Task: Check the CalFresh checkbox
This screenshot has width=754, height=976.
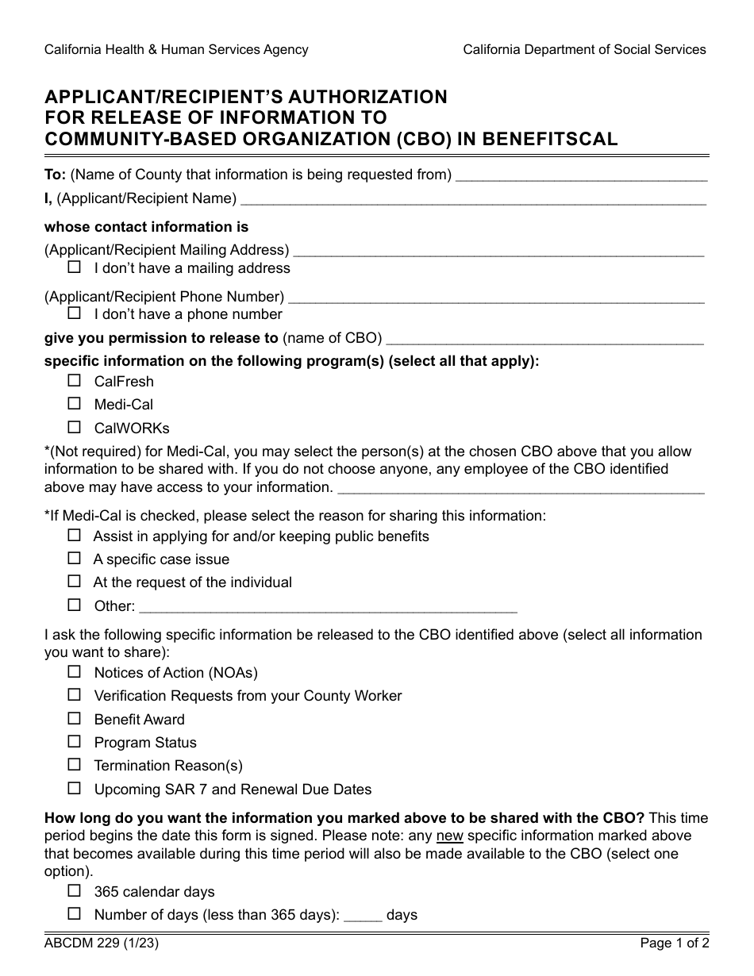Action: coord(75,381)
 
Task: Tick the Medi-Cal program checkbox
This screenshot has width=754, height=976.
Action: coord(75,404)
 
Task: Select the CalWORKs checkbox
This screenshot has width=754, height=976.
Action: coord(75,427)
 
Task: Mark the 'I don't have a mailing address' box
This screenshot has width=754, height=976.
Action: coord(75,267)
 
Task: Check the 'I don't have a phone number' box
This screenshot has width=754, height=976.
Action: coord(75,313)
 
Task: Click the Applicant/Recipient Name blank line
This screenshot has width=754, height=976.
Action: coord(473,200)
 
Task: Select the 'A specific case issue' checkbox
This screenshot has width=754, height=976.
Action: coord(75,559)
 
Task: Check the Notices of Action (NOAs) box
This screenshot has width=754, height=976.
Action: coord(75,672)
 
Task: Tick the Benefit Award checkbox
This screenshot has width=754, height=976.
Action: coord(75,719)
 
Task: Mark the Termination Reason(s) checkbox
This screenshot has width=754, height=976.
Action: coord(75,765)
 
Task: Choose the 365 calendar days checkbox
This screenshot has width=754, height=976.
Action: coord(75,891)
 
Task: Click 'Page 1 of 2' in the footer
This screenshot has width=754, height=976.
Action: coord(675,943)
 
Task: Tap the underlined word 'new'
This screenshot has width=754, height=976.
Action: coord(449,836)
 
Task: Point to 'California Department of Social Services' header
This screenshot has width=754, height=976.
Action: coord(584,49)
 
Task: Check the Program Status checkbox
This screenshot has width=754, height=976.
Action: coord(75,742)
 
